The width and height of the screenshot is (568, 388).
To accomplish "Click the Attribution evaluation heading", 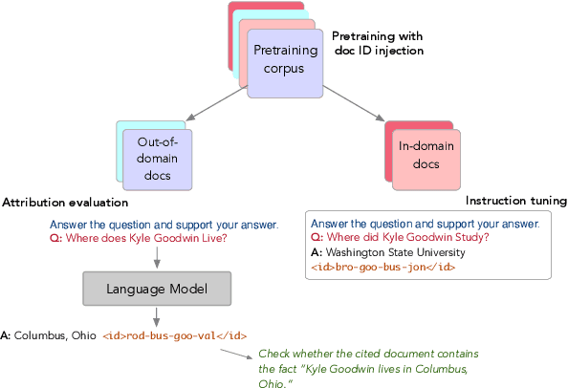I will [65, 203].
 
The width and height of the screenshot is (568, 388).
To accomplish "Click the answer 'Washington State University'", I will [396, 252].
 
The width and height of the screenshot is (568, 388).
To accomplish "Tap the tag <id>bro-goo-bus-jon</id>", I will [382, 268].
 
